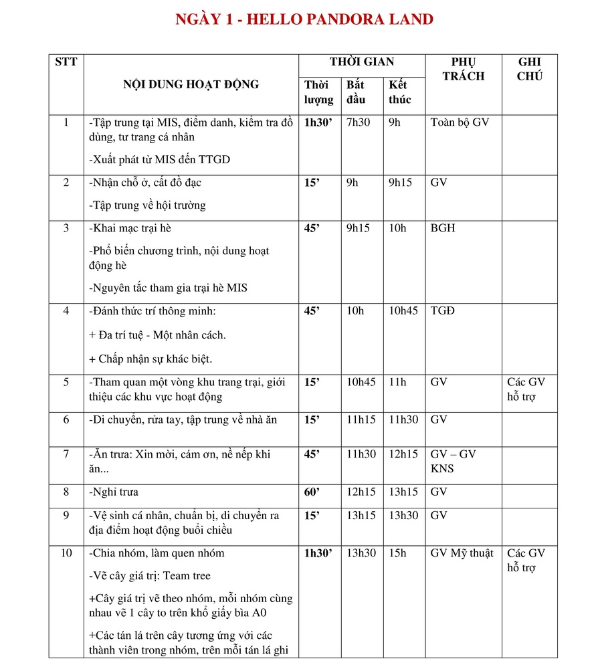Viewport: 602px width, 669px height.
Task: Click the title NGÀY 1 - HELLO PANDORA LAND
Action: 304,19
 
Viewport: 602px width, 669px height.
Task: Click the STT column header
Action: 66,62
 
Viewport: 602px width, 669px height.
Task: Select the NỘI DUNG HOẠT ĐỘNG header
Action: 191,85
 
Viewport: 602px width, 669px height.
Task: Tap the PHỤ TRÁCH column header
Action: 463,69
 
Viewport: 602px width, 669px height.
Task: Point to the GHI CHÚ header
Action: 529,69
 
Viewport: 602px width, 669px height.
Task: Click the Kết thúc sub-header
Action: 400,92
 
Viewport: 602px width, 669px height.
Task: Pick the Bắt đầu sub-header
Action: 356,92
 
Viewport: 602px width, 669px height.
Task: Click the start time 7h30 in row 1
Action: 358,123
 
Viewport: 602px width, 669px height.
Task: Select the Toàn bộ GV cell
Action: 460,123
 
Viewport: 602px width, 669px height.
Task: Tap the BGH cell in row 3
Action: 443,228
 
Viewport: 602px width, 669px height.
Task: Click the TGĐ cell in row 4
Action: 443,311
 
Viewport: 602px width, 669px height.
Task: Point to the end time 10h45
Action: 403,311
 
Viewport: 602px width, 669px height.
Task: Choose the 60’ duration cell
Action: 312,492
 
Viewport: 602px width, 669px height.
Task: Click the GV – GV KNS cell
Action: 453,462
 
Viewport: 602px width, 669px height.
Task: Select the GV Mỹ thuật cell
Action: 462,553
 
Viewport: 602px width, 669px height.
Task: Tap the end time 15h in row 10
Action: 397,553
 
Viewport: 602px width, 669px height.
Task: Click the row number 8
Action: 66,492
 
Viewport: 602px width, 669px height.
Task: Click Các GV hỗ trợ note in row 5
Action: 526,389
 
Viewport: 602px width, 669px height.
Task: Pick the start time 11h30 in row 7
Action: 361,455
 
